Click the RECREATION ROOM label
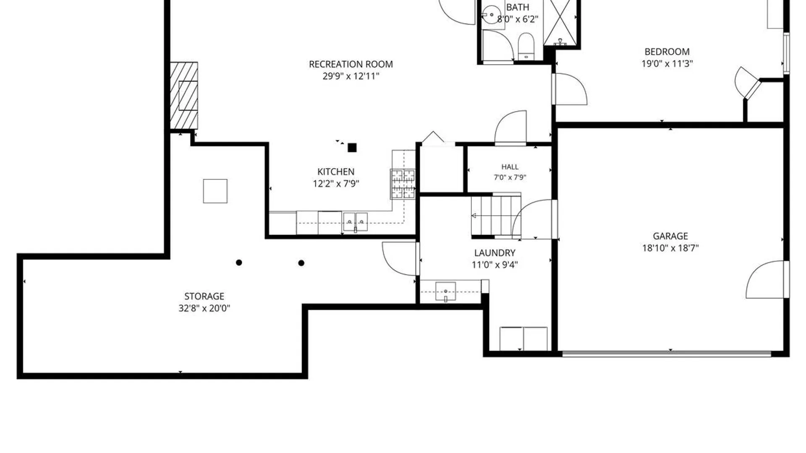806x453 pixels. pos(351,64)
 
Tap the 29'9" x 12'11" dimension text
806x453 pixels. pos(351,76)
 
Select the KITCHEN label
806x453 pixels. pos(336,172)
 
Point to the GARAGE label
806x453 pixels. pos(670,236)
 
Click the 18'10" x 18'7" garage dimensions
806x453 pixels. pos(670,248)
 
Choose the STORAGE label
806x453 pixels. pos(204,296)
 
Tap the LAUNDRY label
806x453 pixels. pos(495,253)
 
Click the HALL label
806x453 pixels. pos(510,167)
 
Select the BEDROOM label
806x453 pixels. pos(667,52)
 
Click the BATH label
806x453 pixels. pos(518,7)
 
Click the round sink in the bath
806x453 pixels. pos(491,15)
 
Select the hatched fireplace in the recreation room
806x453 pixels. pos(184,96)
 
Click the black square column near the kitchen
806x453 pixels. pos(352,148)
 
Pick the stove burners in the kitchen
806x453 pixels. pos(403,184)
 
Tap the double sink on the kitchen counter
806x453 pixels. pos(356,222)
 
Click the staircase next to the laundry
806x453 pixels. pos(496,216)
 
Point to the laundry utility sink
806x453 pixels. pos(445,292)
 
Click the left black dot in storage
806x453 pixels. pos(239,263)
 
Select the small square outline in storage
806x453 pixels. pos(215,191)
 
